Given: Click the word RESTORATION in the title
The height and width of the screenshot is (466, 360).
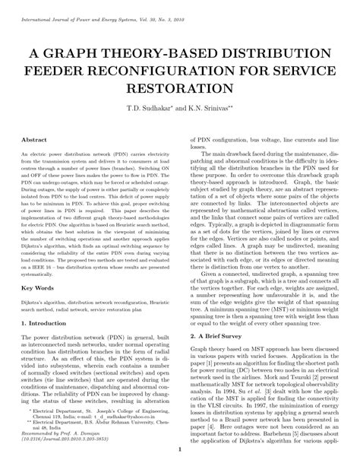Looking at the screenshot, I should [180, 90].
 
